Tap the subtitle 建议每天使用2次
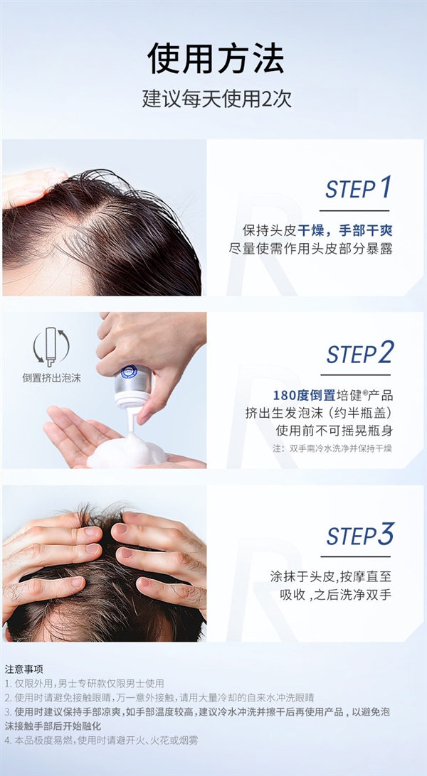(216, 98)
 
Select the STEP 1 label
(359, 189)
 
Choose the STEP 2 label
(359, 353)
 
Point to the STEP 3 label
(359, 535)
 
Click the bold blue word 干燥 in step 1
(312, 230)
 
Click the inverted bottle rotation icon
(51, 347)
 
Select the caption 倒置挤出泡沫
(51, 378)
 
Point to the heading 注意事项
(24, 669)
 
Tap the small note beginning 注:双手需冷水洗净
(332, 448)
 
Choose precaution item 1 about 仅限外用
(85, 683)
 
